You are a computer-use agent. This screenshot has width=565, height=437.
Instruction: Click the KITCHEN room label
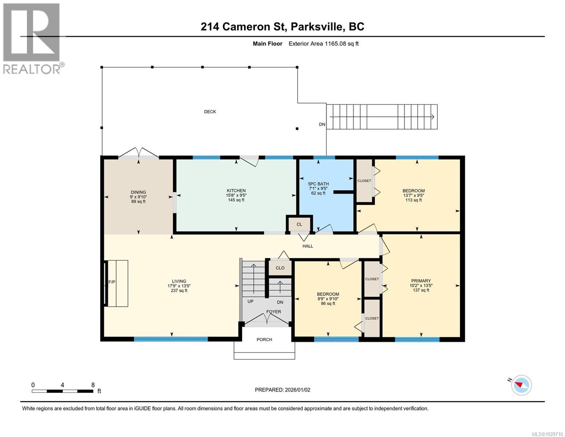[x=236, y=190]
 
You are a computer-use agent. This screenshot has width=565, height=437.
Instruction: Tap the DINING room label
[x=138, y=192]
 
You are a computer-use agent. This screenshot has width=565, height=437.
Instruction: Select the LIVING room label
[x=179, y=281]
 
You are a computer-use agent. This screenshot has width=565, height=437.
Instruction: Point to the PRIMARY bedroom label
[x=421, y=281]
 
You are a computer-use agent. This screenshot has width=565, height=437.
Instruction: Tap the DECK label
[x=210, y=112]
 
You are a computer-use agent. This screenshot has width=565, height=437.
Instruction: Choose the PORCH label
[x=264, y=339]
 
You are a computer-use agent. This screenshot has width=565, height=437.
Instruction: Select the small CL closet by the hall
[x=299, y=224]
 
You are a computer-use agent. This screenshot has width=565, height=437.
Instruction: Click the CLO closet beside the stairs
[x=280, y=268]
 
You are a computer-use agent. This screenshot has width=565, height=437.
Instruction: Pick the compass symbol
[x=521, y=385]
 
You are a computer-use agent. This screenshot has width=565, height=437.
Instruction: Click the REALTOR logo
[x=32, y=38]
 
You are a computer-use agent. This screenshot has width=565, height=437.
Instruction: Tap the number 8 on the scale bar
[x=93, y=385]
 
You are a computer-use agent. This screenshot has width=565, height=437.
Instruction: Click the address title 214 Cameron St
[x=282, y=27]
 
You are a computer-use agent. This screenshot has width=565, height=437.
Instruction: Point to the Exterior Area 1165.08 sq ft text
[x=323, y=44]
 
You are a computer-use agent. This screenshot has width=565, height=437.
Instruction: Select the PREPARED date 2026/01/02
[x=282, y=390]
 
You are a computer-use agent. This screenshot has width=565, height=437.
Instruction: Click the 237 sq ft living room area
[x=179, y=291]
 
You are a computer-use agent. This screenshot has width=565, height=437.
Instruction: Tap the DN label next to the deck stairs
[x=322, y=125]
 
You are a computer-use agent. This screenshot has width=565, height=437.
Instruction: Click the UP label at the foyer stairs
[x=250, y=302]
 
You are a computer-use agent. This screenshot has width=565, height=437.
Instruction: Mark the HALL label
[x=308, y=246]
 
